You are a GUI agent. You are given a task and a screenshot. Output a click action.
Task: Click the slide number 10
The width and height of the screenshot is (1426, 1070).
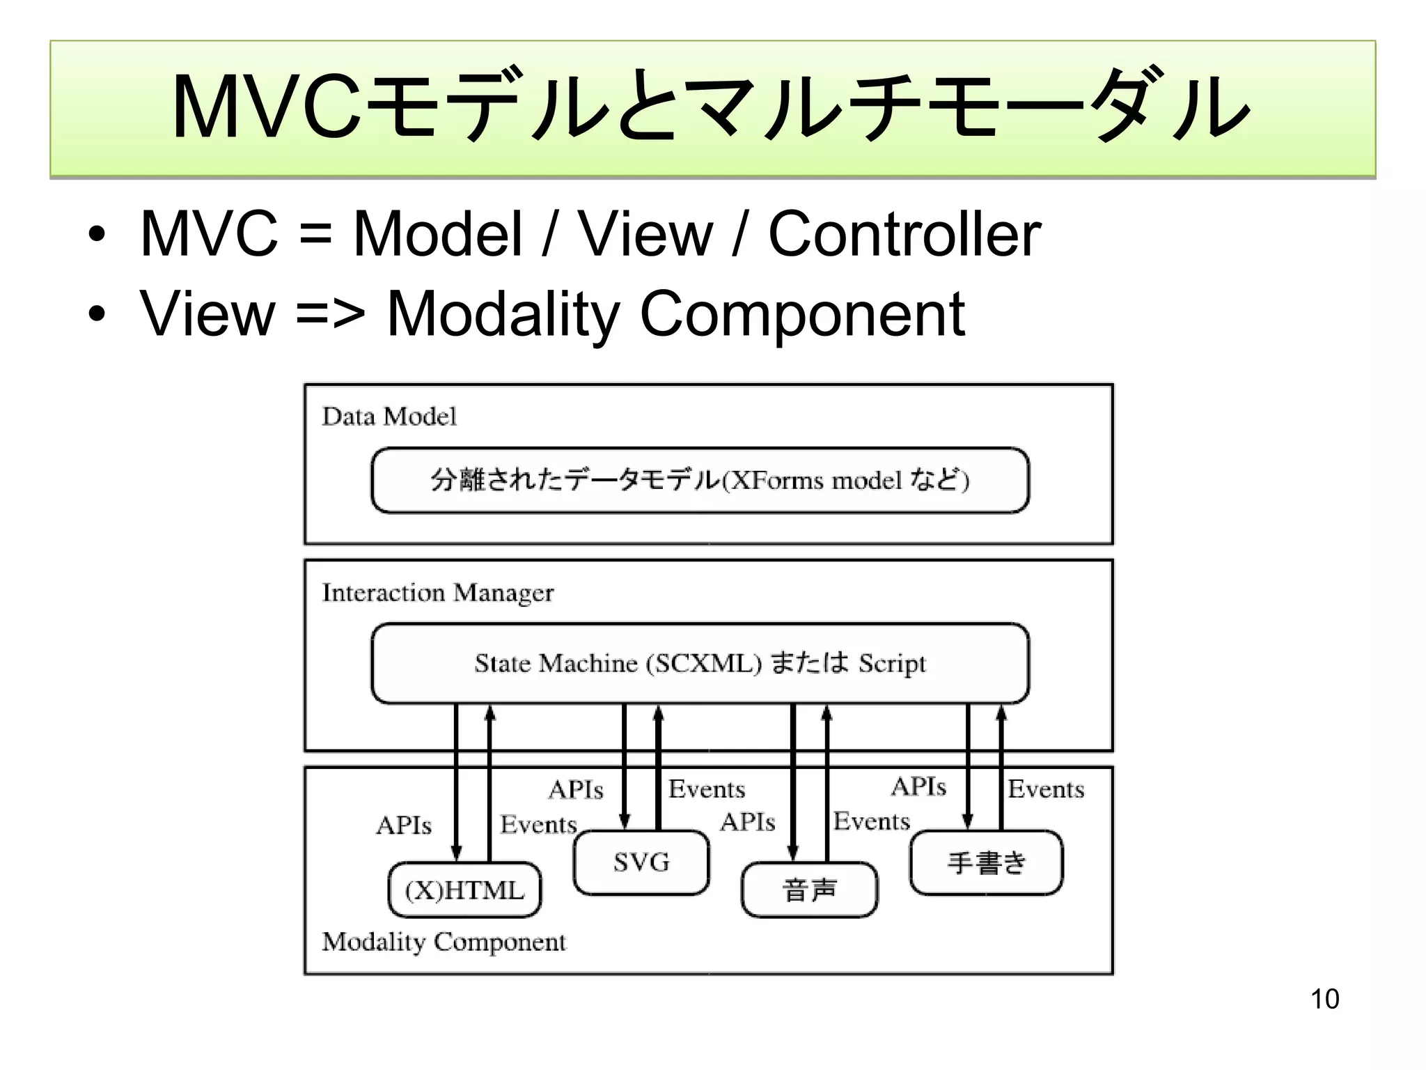1324,999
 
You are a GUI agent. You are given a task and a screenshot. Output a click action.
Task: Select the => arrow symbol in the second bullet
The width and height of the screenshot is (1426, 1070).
330,314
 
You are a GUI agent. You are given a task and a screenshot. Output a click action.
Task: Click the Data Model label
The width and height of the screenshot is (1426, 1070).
389,417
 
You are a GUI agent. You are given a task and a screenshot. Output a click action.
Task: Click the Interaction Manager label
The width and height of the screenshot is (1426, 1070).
437,593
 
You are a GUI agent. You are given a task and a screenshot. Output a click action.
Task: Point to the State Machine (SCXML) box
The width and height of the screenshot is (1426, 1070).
700,663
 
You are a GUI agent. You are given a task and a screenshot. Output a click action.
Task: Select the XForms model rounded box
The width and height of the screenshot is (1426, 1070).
700,481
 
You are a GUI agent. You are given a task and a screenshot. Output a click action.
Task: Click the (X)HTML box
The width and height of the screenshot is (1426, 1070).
464,890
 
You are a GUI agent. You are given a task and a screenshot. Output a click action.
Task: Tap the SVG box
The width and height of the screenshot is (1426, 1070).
641,862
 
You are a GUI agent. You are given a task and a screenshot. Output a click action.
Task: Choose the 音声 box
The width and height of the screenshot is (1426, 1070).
809,890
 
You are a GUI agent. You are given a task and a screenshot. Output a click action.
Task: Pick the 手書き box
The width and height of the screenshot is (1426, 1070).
986,862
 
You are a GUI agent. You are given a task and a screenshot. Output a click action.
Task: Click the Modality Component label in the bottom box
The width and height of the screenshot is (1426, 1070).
444,942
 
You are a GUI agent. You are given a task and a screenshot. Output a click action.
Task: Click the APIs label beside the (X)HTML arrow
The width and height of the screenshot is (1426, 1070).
404,825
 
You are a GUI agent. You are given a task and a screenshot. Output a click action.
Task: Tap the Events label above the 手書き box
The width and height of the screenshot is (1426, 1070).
1046,789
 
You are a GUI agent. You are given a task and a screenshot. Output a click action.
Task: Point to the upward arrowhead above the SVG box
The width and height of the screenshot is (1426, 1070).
659,713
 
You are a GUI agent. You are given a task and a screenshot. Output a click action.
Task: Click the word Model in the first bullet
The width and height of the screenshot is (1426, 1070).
437,234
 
